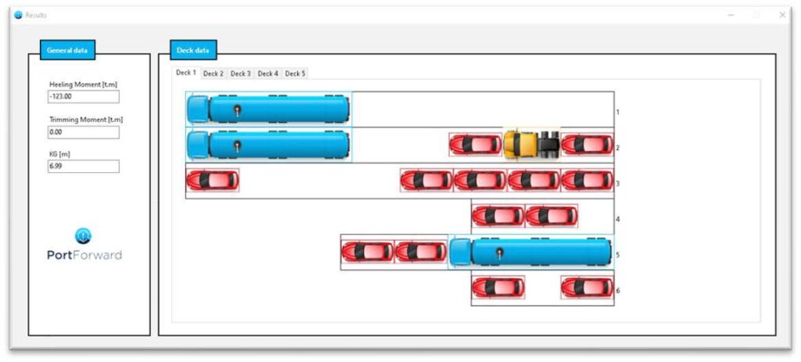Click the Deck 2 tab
[214, 73]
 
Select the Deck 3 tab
[241, 73]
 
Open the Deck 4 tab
[268, 73]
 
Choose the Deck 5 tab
[295, 73]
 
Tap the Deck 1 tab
[186, 73]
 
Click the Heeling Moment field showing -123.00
[83, 96]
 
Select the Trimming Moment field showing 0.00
[83, 132]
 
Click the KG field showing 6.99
[83, 166]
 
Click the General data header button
[67, 50]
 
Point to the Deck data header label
[194, 50]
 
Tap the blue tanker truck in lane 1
[269, 109]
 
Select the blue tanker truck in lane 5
[530, 253]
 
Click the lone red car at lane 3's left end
[213, 181]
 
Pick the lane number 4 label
[618, 220]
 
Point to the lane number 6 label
[618, 291]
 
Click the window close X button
[782, 16]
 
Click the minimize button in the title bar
[731, 16]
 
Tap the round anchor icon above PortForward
[83, 236]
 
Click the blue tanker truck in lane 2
[269, 145]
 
